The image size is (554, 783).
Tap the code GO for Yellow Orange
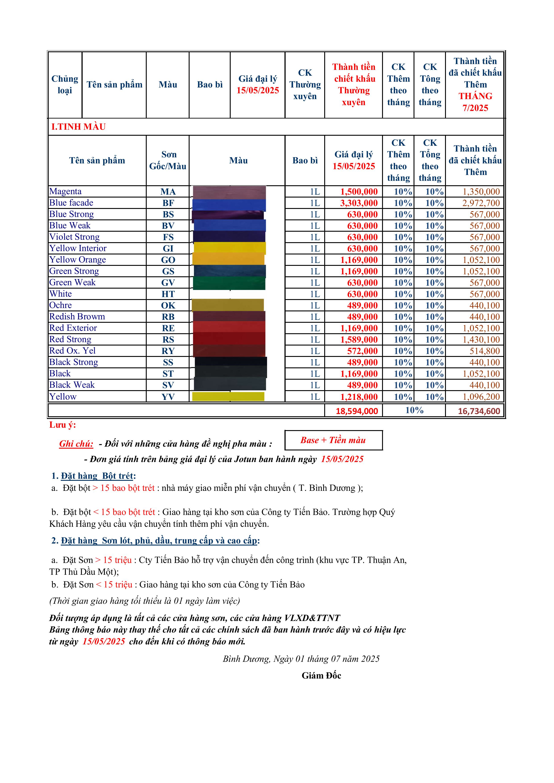point(168,260)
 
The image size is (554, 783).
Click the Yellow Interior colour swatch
point(230,248)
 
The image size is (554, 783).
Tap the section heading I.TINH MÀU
point(78,127)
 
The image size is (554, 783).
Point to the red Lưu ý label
point(63,425)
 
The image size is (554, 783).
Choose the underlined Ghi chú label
point(76,444)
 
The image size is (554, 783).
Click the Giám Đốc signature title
point(321,676)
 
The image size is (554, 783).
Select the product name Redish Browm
point(77,317)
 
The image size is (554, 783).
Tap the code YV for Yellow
point(168,397)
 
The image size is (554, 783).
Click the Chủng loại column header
point(65,85)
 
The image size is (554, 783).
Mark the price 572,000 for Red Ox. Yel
point(362,351)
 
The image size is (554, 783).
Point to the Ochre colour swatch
point(228,305)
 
